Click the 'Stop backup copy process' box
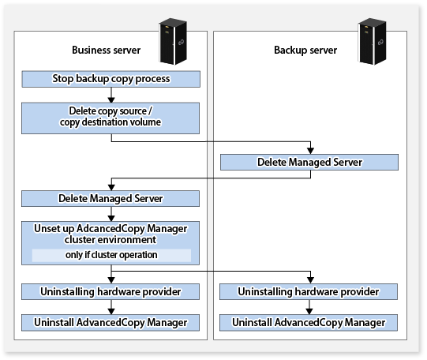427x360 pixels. pos(110,79)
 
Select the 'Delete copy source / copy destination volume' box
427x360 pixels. pos(110,118)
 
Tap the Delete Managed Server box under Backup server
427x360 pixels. pos(309,163)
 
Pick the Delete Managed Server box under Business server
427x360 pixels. pos(110,198)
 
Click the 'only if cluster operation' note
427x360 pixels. pos(111,255)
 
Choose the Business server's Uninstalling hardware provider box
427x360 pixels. pos(110,291)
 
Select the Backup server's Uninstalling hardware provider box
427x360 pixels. pos(309,291)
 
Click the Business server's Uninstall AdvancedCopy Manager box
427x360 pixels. pos(110,323)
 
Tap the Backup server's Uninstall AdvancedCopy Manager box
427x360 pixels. pos(309,323)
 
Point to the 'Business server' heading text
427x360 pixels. pos(107,50)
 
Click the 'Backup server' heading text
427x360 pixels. pos(305,50)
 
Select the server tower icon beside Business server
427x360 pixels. pos(173,41)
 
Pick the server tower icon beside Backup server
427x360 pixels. pos(373,41)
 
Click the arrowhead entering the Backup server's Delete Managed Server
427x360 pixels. pos(310,151)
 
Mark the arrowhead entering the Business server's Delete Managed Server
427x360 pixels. pos(111,187)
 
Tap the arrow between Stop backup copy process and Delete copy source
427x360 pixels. pos(111,95)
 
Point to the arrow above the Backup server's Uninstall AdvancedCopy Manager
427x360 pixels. pos(309,307)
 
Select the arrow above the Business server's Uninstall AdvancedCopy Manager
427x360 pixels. pos(111,307)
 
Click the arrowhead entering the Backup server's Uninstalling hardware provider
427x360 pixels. pos(310,280)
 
